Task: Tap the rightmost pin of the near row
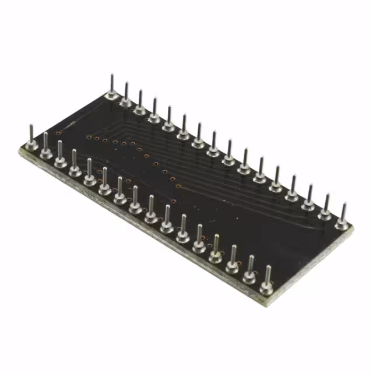pos(268,279)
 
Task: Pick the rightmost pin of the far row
pos(343,216)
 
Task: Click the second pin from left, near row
pos(45,146)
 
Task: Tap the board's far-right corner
pos(353,228)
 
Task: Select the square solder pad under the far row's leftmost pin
pos(112,96)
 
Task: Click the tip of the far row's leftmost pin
pos(112,76)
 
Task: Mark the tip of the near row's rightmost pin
pos(268,267)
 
